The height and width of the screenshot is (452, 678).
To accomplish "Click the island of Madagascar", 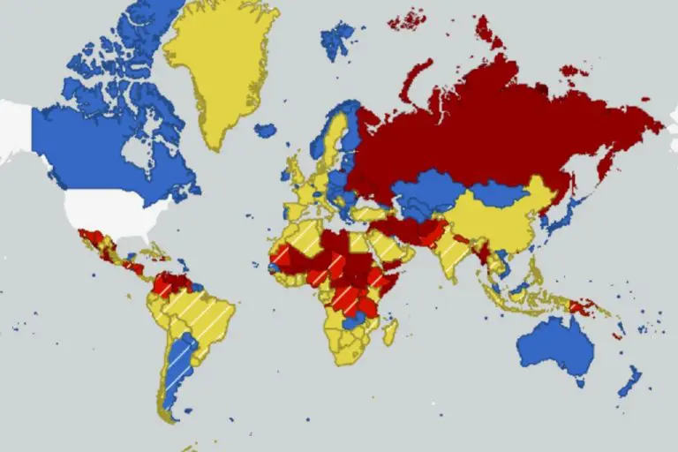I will click(x=388, y=331).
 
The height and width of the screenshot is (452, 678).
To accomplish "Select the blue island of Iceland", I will click(x=265, y=131).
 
